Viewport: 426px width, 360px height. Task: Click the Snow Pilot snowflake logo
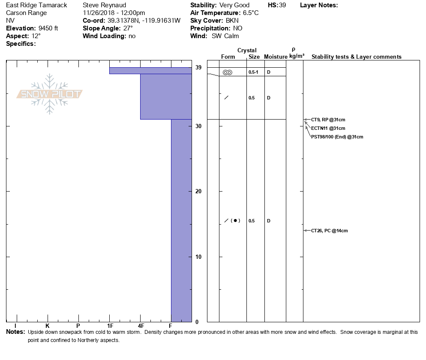(50, 94)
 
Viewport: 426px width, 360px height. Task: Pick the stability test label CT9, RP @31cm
(328, 120)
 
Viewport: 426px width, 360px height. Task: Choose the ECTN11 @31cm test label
(328, 128)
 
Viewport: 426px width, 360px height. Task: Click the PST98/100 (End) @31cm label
(337, 137)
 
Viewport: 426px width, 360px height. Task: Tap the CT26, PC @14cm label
(329, 231)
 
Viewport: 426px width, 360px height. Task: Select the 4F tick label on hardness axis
(141, 326)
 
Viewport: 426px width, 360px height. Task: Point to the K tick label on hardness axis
(47, 326)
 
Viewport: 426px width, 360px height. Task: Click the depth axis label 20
(198, 191)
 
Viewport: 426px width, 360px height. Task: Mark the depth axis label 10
(198, 257)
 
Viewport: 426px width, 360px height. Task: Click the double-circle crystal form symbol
(228, 72)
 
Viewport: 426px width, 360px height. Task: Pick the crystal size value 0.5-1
(253, 72)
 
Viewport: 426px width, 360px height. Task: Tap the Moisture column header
(276, 57)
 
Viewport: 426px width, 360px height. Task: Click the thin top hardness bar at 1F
(150, 71)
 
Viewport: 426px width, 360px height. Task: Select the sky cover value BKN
(233, 21)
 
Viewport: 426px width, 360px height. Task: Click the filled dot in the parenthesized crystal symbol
(235, 221)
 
